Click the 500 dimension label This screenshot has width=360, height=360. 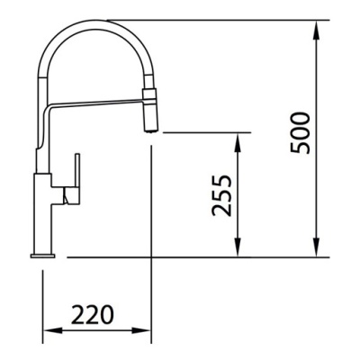click(x=301, y=133)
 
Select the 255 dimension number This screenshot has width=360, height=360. click(x=221, y=195)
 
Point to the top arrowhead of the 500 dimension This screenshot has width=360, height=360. click(x=316, y=30)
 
